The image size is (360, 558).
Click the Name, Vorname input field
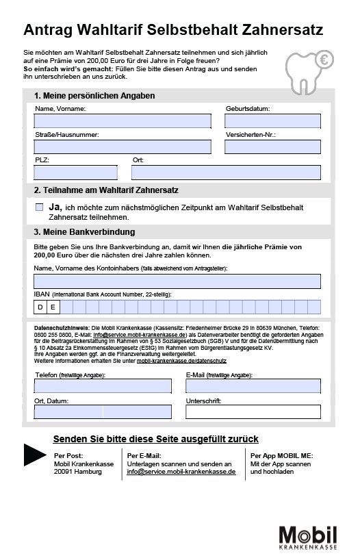click(x=123, y=121)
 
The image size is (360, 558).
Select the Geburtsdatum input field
click(x=272, y=121)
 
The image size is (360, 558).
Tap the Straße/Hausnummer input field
click(x=123, y=147)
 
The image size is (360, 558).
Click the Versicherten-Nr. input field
click(x=272, y=147)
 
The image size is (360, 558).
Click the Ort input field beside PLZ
click(x=226, y=172)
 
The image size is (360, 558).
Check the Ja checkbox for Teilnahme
click(x=39, y=207)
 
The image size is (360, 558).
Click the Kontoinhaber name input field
click(x=177, y=281)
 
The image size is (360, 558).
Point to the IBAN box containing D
click(x=41, y=307)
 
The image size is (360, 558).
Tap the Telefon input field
click(x=103, y=386)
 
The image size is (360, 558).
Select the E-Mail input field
click(x=253, y=386)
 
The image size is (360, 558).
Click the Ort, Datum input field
click(x=103, y=411)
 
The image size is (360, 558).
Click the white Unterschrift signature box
click(x=253, y=411)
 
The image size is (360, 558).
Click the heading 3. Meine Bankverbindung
click(x=84, y=232)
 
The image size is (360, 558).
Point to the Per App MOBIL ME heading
click(x=281, y=455)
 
